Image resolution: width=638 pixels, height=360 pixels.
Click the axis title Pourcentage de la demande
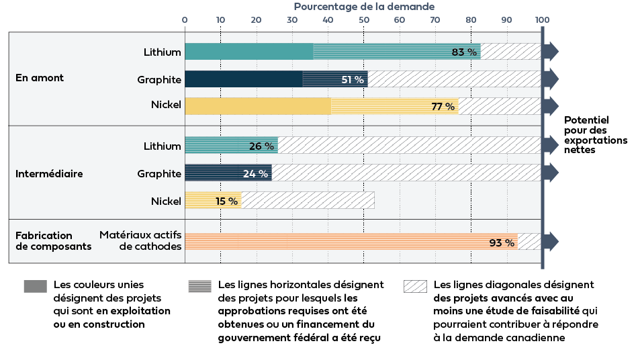[x=364, y=6]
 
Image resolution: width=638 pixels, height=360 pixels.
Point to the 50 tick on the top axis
[x=363, y=19]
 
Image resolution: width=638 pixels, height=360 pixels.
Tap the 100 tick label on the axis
[x=542, y=19]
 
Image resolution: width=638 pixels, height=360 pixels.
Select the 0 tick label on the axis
[x=185, y=19]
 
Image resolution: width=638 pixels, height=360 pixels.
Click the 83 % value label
[x=464, y=52]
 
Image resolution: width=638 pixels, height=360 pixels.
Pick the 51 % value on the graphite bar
[x=353, y=79]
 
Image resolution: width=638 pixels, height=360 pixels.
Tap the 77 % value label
[x=443, y=106]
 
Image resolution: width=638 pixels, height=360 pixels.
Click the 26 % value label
[x=262, y=146]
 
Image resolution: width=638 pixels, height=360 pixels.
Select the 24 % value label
[x=255, y=173]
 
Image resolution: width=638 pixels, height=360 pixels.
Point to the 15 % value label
[x=226, y=201]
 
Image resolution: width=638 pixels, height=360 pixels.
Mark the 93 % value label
[x=501, y=242]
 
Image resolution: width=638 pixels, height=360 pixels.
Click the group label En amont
[x=40, y=78]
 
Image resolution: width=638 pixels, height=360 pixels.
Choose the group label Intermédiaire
[x=49, y=173]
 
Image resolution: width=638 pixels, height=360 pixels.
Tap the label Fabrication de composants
[x=53, y=240]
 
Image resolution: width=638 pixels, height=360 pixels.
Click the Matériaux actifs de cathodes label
[x=140, y=240]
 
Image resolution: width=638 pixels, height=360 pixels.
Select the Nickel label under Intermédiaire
[x=166, y=201]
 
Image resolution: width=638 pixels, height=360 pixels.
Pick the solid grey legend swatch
[x=35, y=286]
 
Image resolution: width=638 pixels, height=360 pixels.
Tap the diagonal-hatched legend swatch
[x=415, y=286]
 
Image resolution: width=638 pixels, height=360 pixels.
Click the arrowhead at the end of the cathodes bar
[x=552, y=242]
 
